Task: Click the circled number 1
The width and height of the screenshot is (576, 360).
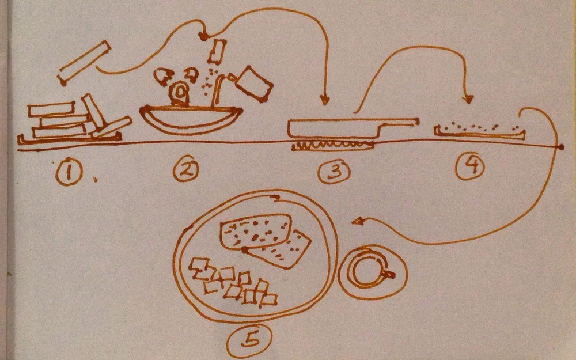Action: click(x=69, y=173)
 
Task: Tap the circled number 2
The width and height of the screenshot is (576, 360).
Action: click(x=186, y=170)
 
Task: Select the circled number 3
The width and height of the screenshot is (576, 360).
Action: click(x=334, y=172)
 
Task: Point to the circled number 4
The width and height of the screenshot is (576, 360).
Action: click(x=470, y=167)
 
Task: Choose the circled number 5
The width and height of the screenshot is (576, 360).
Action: click(x=249, y=341)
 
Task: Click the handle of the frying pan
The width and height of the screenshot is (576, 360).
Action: click(x=399, y=125)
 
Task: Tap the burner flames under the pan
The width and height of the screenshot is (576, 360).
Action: click(x=333, y=146)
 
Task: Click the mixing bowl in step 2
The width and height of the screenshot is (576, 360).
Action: click(x=191, y=119)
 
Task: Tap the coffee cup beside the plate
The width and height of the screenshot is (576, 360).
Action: click(x=372, y=272)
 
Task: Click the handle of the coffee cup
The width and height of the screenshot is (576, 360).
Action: click(x=389, y=274)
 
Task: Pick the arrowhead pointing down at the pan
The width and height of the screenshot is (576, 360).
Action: click(x=324, y=100)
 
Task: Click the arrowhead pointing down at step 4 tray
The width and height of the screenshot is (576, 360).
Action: click(x=468, y=98)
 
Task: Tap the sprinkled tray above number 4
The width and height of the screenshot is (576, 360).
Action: click(x=479, y=132)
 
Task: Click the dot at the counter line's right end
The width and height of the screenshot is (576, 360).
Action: click(x=560, y=147)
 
